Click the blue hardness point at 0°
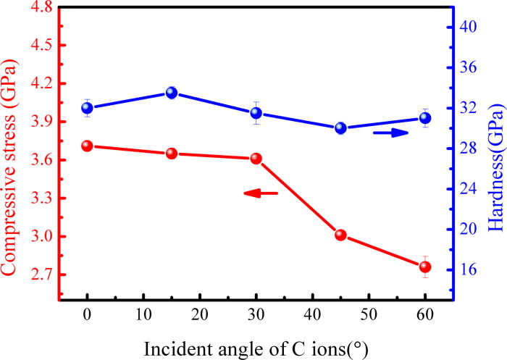(x=87, y=108)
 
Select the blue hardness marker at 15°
(x=172, y=93)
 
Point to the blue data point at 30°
(x=256, y=113)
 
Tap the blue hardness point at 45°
(x=340, y=128)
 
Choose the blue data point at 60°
(x=424, y=118)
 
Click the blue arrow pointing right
(x=391, y=133)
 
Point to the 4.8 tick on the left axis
(x=35, y=7)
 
